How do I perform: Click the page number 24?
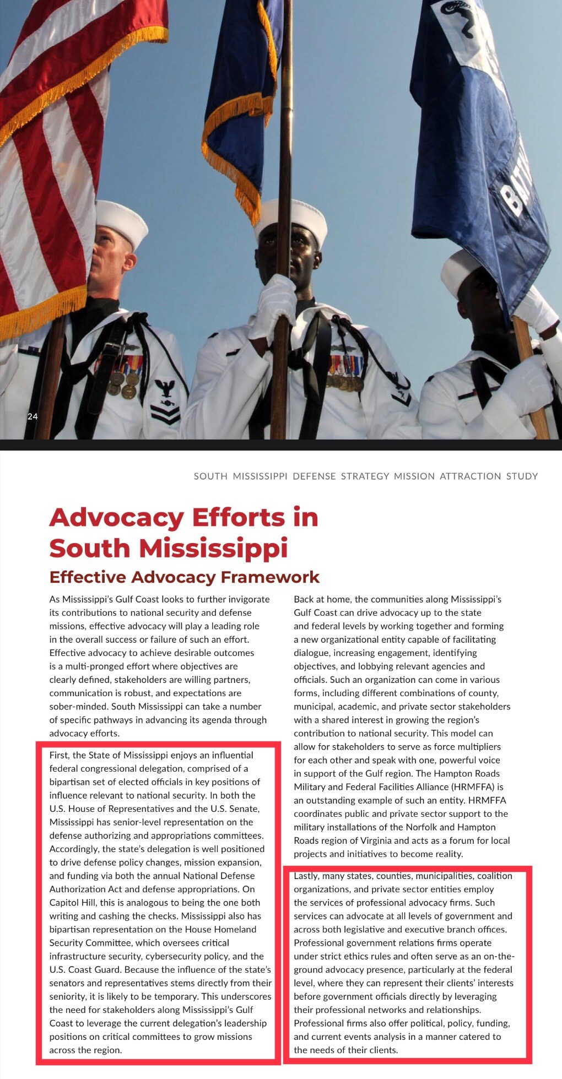click(33, 416)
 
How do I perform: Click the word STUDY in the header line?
click(522, 476)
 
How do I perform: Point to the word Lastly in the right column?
click(306, 876)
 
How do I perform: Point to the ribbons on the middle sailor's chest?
click(346, 365)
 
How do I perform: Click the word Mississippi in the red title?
click(213, 548)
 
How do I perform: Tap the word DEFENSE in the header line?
click(314, 476)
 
